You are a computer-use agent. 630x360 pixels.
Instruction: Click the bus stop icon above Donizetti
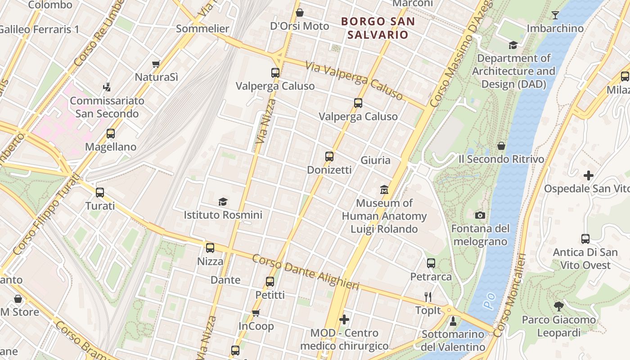click(329, 157)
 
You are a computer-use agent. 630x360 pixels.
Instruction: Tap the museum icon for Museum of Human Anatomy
click(384, 190)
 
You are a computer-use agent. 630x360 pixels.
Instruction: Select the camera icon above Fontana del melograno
click(480, 216)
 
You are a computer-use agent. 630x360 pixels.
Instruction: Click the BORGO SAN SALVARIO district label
click(378, 28)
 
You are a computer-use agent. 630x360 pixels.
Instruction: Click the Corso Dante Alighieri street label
click(306, 273)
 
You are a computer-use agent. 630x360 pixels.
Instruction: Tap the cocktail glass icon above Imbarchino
click(555, 15)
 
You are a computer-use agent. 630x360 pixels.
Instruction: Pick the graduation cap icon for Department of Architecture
click(513, 45)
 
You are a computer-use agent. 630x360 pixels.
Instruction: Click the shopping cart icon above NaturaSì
click(156, 64)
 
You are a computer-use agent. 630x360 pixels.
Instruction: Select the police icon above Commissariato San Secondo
click(107, 87)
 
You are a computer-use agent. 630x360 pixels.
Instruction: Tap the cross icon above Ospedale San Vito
click(588, 175)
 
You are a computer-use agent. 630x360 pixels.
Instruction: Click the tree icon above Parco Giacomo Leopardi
click(558, 306)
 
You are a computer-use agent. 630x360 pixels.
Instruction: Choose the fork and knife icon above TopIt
click(428, 297)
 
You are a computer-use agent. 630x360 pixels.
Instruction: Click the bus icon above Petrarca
click(431, 263)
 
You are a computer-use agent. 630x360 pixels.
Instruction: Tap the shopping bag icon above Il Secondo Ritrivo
click(501, 146)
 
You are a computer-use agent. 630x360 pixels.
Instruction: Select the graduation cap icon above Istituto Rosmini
click(223, 202)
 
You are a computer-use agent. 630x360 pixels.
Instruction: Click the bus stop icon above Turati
click(100, 193)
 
